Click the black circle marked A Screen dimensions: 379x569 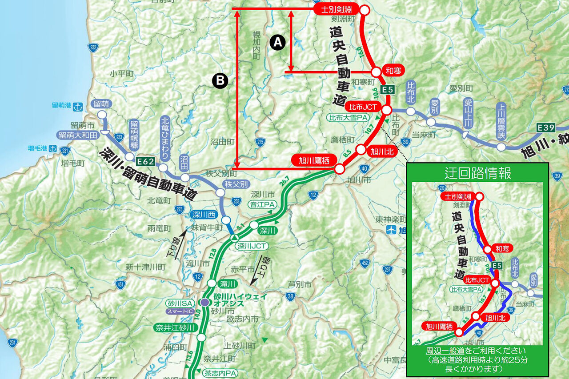point(277,42)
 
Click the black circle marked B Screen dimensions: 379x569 point(220,80)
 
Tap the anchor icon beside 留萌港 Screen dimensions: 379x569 point(79,107)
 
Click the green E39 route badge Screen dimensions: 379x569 point(545,128)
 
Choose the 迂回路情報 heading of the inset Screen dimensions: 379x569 point(477,173)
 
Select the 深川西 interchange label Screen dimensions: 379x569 point(204,215)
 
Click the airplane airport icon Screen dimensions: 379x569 point(390,230)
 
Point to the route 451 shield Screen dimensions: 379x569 point(120,285)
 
